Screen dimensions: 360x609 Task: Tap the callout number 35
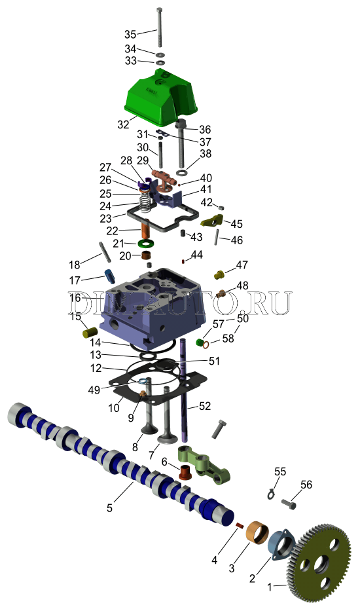pos(130,34)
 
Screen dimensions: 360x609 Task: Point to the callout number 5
pos(109,507)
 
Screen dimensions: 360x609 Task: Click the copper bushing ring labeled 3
pos(257,532)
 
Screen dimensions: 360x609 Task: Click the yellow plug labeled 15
pos(90,333)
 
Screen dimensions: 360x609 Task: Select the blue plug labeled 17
pos(110,276)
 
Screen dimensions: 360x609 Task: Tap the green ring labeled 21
pos(145,244)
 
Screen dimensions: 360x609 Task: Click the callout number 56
pos(306,485)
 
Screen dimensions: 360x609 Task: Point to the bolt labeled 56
pos(287,504)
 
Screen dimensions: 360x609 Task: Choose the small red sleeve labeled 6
pos(186,471)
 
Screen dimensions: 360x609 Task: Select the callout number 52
pos(205,406)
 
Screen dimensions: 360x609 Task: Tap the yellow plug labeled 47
pos(219,274)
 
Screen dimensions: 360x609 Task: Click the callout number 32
pos(123,124)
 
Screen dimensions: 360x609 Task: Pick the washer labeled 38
pos(182,172)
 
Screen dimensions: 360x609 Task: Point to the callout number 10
pos(114,408)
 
